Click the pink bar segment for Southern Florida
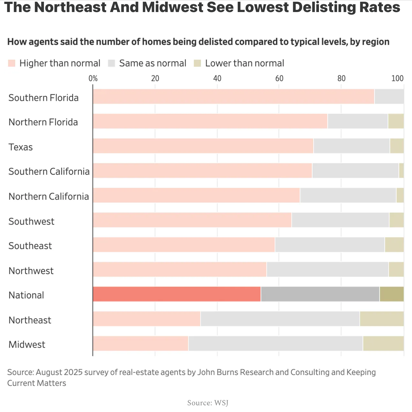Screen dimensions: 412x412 [x=233, y=97]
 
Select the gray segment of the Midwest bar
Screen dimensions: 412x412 [x=276, y=343]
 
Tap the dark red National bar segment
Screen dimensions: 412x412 [x=177, y=294]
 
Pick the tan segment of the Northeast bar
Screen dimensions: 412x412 [x=382, y=319]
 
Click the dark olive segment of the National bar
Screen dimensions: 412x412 [x=392, y=294]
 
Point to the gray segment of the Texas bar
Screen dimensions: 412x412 [x=351, y=146]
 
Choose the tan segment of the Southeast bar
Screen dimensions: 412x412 [x=394, y=245]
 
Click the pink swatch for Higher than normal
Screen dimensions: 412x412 [x=11, y=63]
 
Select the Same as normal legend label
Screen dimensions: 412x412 [x=152, y=63]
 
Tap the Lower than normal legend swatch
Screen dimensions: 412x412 [x=197, y=63]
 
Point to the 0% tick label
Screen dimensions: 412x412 [x=93, y=78]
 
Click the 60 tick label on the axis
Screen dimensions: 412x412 [x=279, y=78]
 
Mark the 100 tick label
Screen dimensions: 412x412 [x=397, y=78]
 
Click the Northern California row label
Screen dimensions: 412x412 [x=48, y=196]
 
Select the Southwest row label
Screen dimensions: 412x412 [x=31, y=221]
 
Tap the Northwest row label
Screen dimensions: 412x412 [x=31, y=271]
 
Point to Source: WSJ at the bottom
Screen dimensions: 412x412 [x=208, y=403]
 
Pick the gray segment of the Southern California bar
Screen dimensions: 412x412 [x=355, y=170]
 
